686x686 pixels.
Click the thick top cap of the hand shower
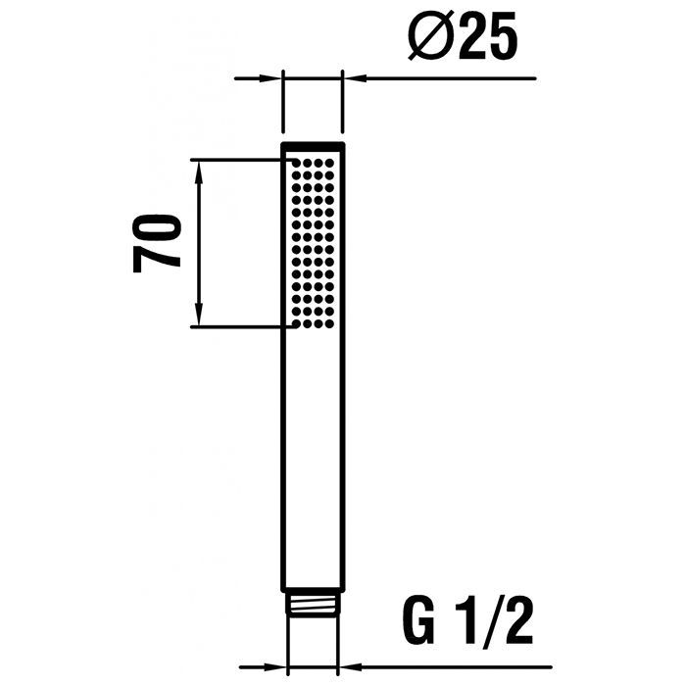(313, 146)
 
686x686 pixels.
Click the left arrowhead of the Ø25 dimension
(271, 77)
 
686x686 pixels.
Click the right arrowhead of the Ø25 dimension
(353, 77)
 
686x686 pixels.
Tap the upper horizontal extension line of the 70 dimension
(235, 159)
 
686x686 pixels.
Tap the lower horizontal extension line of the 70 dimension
(235, 326)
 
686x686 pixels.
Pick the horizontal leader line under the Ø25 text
(451, 77)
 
